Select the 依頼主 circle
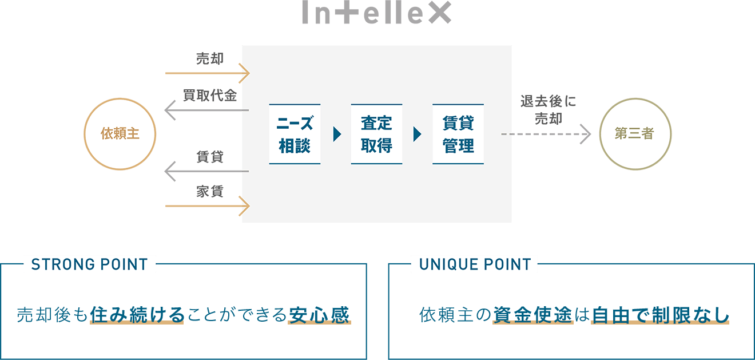120,134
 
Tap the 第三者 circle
635,134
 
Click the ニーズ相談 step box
295,134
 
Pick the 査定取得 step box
376,134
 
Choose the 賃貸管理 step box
458,134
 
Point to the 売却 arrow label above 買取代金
210,58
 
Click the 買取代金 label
210,96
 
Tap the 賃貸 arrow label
210,156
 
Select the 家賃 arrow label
210,192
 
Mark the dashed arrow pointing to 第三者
546,134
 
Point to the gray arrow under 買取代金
206,110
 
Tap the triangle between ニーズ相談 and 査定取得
336,134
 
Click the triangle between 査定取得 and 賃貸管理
417,134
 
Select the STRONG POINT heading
89,264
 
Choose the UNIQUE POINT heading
475,264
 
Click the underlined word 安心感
319,315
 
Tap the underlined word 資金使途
533,315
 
